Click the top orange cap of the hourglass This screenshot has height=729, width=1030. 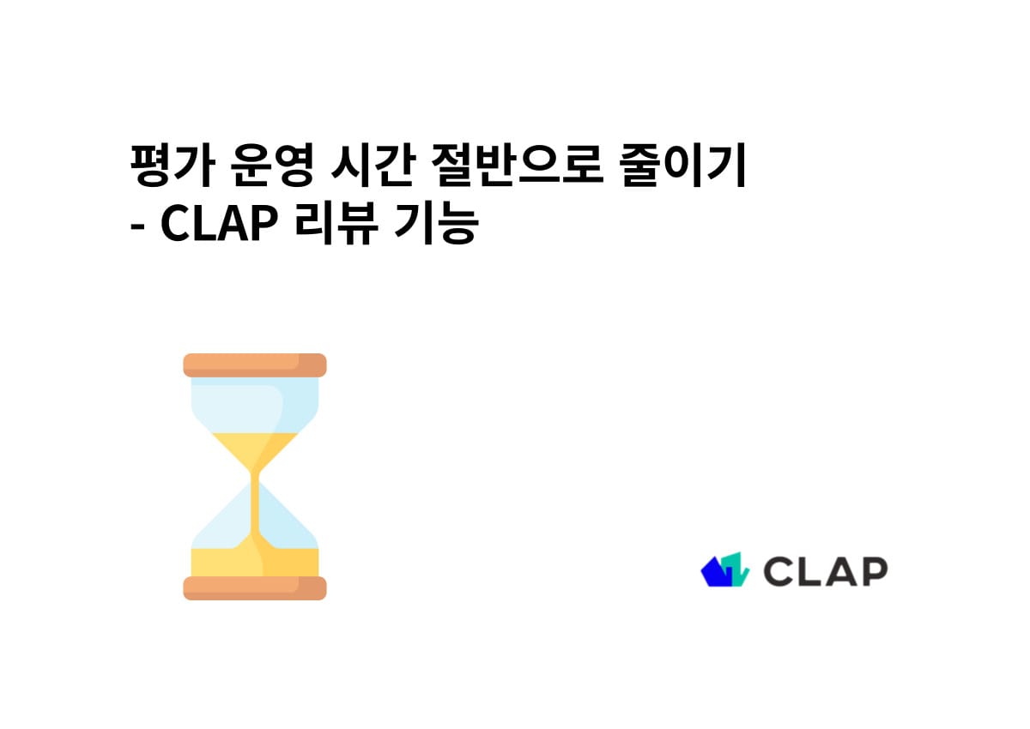point(255,364)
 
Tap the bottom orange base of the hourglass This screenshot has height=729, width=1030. point(255,588)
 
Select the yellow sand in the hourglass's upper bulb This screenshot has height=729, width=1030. point(254,446)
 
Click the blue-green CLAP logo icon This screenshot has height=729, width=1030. point(724,570)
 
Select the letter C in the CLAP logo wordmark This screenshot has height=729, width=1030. point(779,571)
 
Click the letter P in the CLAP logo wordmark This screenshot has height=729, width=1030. point(873,571)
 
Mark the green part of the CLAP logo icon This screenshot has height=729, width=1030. point(736,569)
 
